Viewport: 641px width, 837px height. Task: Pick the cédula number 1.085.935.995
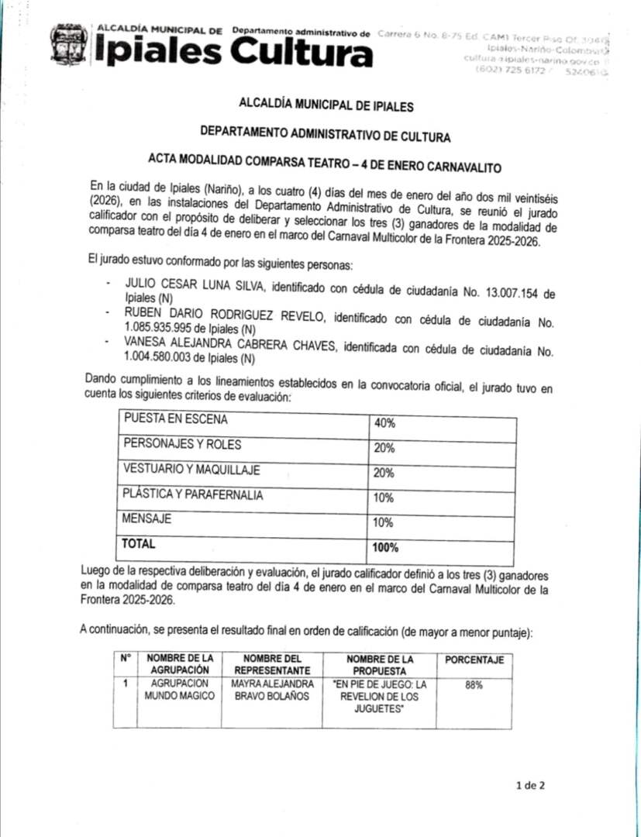(x=171, y=328)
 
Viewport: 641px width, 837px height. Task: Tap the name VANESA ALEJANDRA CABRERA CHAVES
(x=230, y=346)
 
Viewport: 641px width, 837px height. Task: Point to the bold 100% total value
(x=385, y=548)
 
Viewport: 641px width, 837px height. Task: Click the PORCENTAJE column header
(x=474, y=660)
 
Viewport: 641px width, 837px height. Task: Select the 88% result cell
(x=474, y=685)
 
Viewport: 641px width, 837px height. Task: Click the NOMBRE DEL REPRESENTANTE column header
(x=272, y=664)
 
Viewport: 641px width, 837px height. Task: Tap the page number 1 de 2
(x=531, y=785)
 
